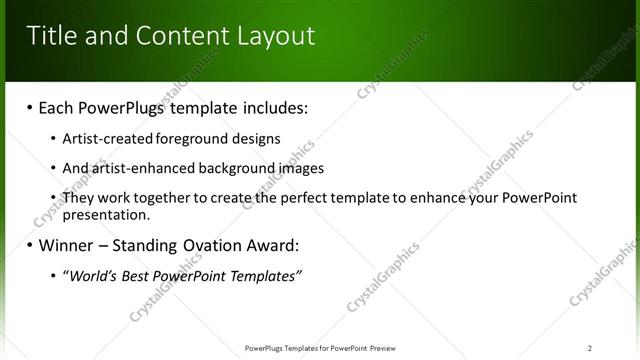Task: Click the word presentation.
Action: click(105, 214)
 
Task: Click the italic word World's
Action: click(90, 276)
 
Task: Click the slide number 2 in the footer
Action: click(590, 348)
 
